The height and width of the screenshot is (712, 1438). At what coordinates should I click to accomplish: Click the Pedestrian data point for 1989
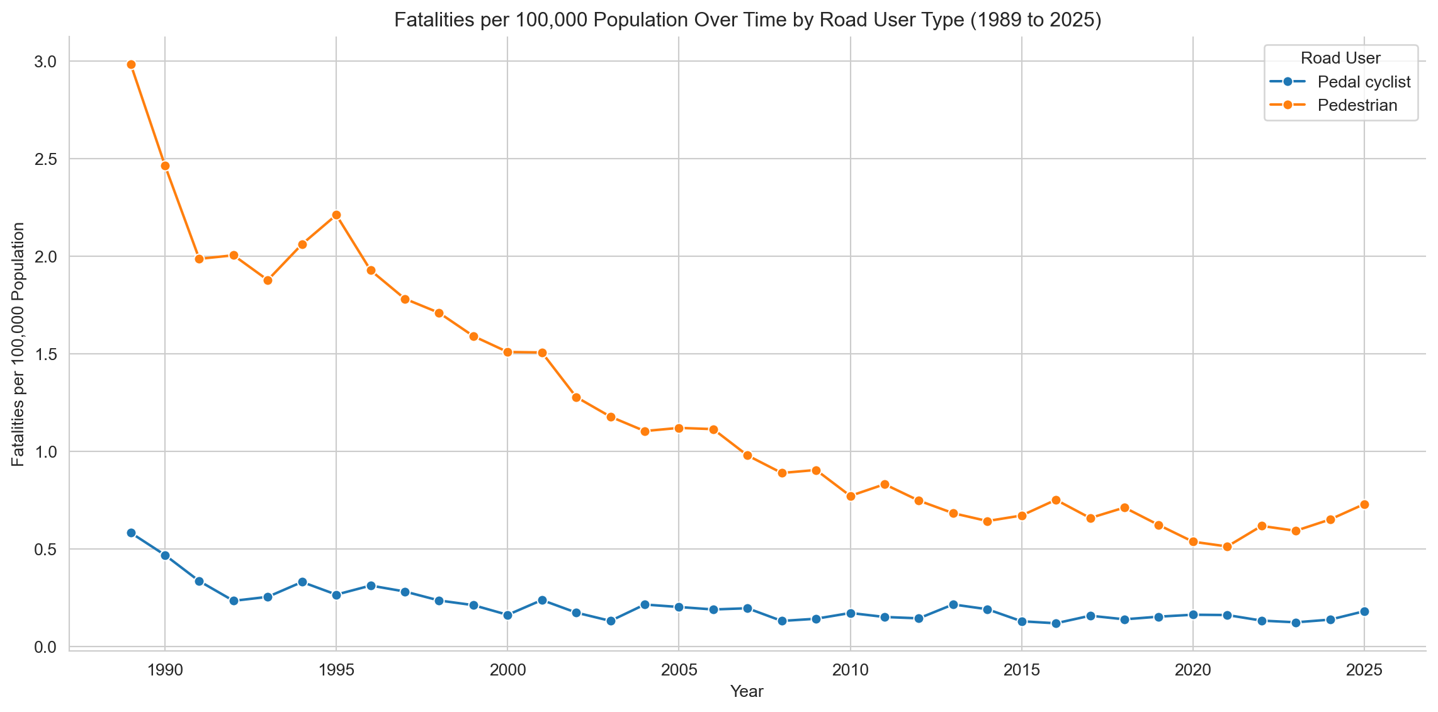[131, 64]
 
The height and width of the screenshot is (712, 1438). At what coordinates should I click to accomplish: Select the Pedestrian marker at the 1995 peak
[336, 215]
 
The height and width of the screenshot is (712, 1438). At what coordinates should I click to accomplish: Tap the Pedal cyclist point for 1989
[131, 533]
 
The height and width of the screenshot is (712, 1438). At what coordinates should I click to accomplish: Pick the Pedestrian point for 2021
[1227, 547]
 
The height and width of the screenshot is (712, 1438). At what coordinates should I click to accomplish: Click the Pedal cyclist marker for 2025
[1364, 611]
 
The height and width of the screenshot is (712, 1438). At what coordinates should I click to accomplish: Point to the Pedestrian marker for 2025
[1364, 504]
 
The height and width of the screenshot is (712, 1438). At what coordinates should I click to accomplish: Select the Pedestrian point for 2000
[507, 352]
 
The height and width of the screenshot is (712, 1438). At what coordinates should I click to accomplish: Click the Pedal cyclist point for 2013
[953, 604]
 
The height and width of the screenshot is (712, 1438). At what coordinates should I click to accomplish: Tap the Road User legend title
[1340, 59]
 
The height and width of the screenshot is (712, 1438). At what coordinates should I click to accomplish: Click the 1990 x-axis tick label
[164, 670]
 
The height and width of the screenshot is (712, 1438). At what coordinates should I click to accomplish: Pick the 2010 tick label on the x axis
[851, 670]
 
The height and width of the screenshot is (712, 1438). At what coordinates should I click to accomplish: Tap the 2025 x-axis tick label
[1364, 670]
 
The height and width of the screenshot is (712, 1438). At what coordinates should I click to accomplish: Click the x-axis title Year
[747, 692]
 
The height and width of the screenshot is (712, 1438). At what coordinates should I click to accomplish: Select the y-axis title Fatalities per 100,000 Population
[19, 344]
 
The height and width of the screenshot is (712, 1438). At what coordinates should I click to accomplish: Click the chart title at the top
[747, 20]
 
